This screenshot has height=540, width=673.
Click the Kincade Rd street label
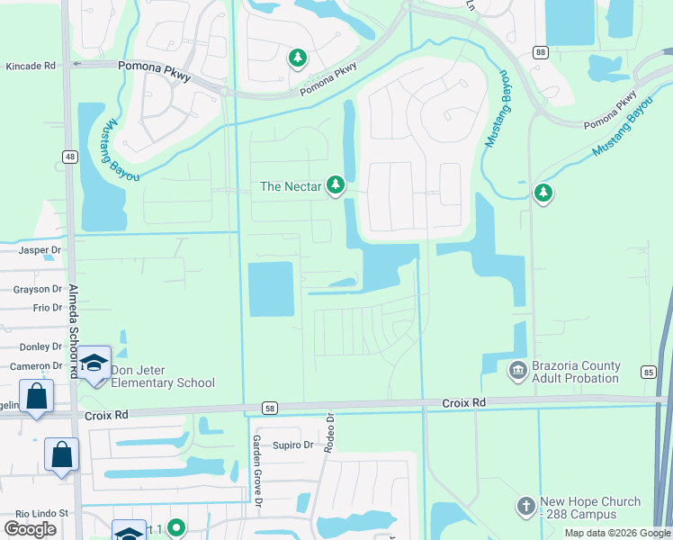pyautogui.click(x=31, y=66)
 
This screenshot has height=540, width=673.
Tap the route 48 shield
pyautogui.click(x=68, y=157)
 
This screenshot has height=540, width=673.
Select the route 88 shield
pyautogui.click(x=539, y=53)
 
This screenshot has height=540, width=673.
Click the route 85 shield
pyautogui.click(x=648, y=371)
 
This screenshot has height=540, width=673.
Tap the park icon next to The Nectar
pyautogui.click(x=336, y=185)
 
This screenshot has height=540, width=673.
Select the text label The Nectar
pyautogui.click(x=290, y=187)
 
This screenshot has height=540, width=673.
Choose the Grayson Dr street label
pyautogui.click(x=37, y=289)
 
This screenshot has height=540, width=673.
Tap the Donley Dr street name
pyautogui.click(x=40, y=346)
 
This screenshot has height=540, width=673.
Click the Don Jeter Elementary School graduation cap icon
pyautogui.click(x=94, y=364)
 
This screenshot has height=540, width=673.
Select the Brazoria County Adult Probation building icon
pyautogui.click(x=518, y=369)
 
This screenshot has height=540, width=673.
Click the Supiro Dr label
pyautogui.click(x=293, y=445)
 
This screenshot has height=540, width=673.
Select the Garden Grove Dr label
pyautogui.click(x=256, y=472)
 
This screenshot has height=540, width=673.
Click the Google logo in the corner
pyautogui.click(x=30, y=529)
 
